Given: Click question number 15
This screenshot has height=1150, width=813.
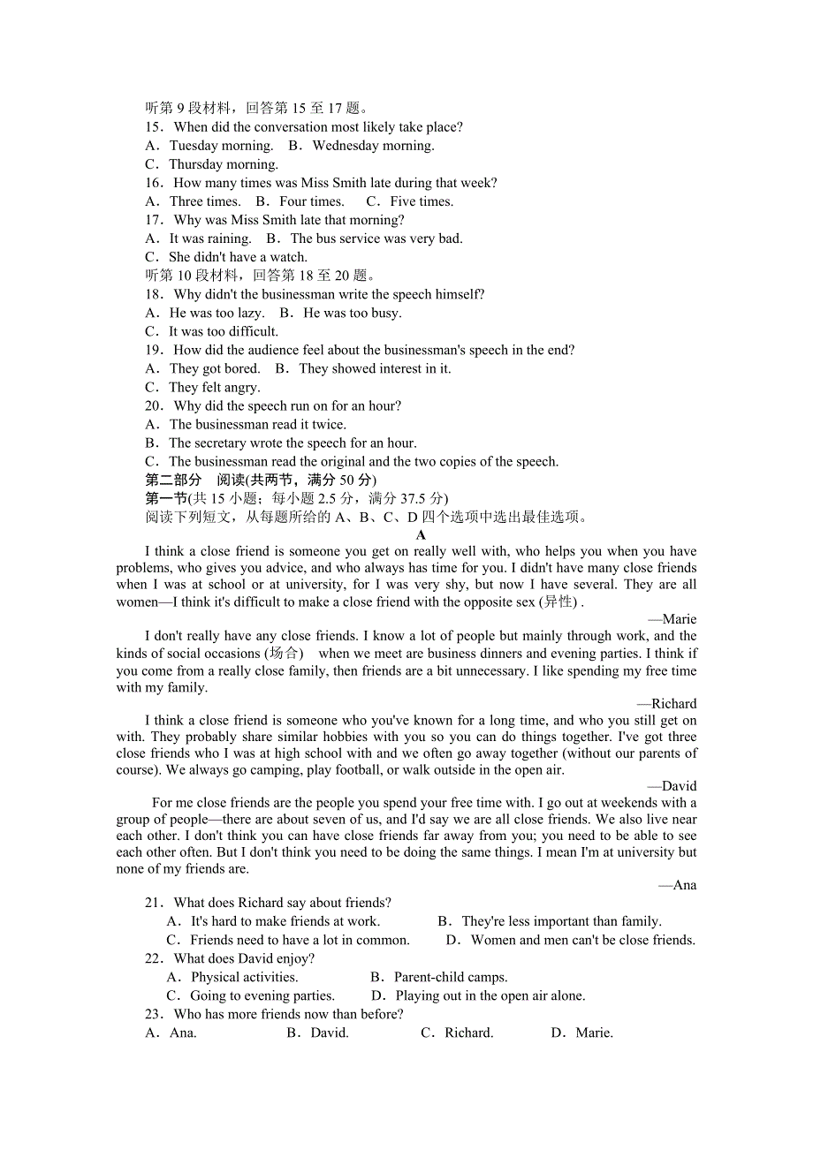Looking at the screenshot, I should pyautogui.click(x=154, y=127).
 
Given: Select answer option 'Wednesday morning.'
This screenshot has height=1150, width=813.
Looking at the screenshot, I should pyautogui.click(x=373, y=146).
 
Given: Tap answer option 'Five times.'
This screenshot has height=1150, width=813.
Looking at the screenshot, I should pyautogui.click(x=422, y=201).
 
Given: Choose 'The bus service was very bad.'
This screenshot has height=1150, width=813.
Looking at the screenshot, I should pyautogui.click(x=376, y=238).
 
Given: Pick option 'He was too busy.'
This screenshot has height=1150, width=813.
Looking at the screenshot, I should pyautogui.click(x=352, y=313).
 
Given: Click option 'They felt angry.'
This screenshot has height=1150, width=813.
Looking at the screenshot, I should pyautogui.click(x=214, y=387).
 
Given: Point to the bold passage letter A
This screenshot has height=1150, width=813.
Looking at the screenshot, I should pyautogui.click(x=421, y=534).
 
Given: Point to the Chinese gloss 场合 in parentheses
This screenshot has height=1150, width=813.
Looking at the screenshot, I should pyautogui.click(x=284, y=654).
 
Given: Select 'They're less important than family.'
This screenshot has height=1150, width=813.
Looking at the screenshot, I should pyautogui.click(x=561, y=921).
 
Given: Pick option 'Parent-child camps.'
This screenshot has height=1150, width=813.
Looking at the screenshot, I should pyautogui.click(x=451, y=977).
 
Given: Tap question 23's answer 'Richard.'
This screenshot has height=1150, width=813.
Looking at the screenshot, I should pyautogui.click(x=468, y=1033).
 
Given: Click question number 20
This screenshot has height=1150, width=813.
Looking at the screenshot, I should pyautogui.click(x=154, y=405).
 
